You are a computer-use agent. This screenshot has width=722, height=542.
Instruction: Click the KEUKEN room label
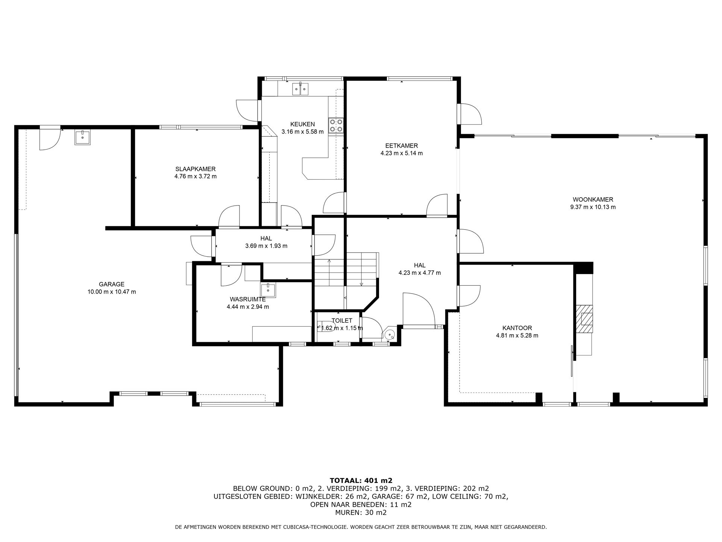click(302, 124)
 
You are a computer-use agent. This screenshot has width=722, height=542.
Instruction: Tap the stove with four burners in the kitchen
click(336, 125)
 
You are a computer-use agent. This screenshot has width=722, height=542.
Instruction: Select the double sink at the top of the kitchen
click(300, 89)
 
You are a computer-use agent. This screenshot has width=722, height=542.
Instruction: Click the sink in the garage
click(82, 138)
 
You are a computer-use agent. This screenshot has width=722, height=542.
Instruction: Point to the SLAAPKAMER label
click(195, 169)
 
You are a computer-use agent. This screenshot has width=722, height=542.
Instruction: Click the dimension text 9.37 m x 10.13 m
click(593, 207)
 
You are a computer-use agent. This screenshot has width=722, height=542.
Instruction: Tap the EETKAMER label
click(401, 146)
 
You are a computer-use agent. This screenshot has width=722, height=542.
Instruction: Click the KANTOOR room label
click(517, 328)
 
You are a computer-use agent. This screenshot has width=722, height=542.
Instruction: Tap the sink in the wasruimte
click(268, 290)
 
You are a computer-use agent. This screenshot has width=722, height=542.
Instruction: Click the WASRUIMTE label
click(247, 299)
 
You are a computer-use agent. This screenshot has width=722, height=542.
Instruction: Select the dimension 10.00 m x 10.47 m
click(112, 292)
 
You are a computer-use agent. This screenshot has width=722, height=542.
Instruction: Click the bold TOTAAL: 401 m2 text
click(361, 480)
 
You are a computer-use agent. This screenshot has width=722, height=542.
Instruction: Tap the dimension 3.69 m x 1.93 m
click(266, 246)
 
